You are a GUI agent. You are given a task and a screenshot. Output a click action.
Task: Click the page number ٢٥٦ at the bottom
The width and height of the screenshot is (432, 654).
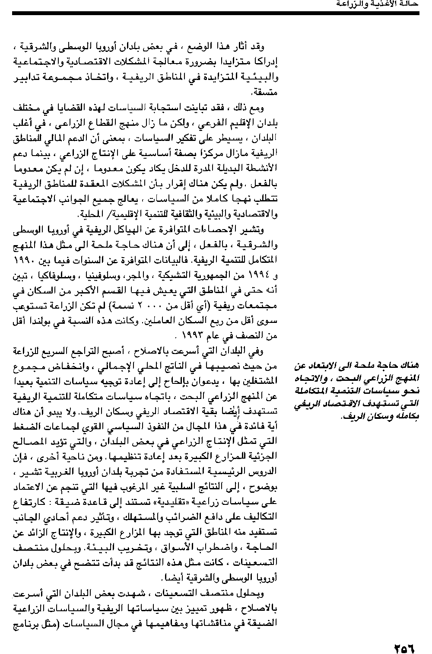(403, 638)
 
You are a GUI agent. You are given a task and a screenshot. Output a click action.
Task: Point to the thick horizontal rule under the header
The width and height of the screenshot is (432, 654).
(216, 14)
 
